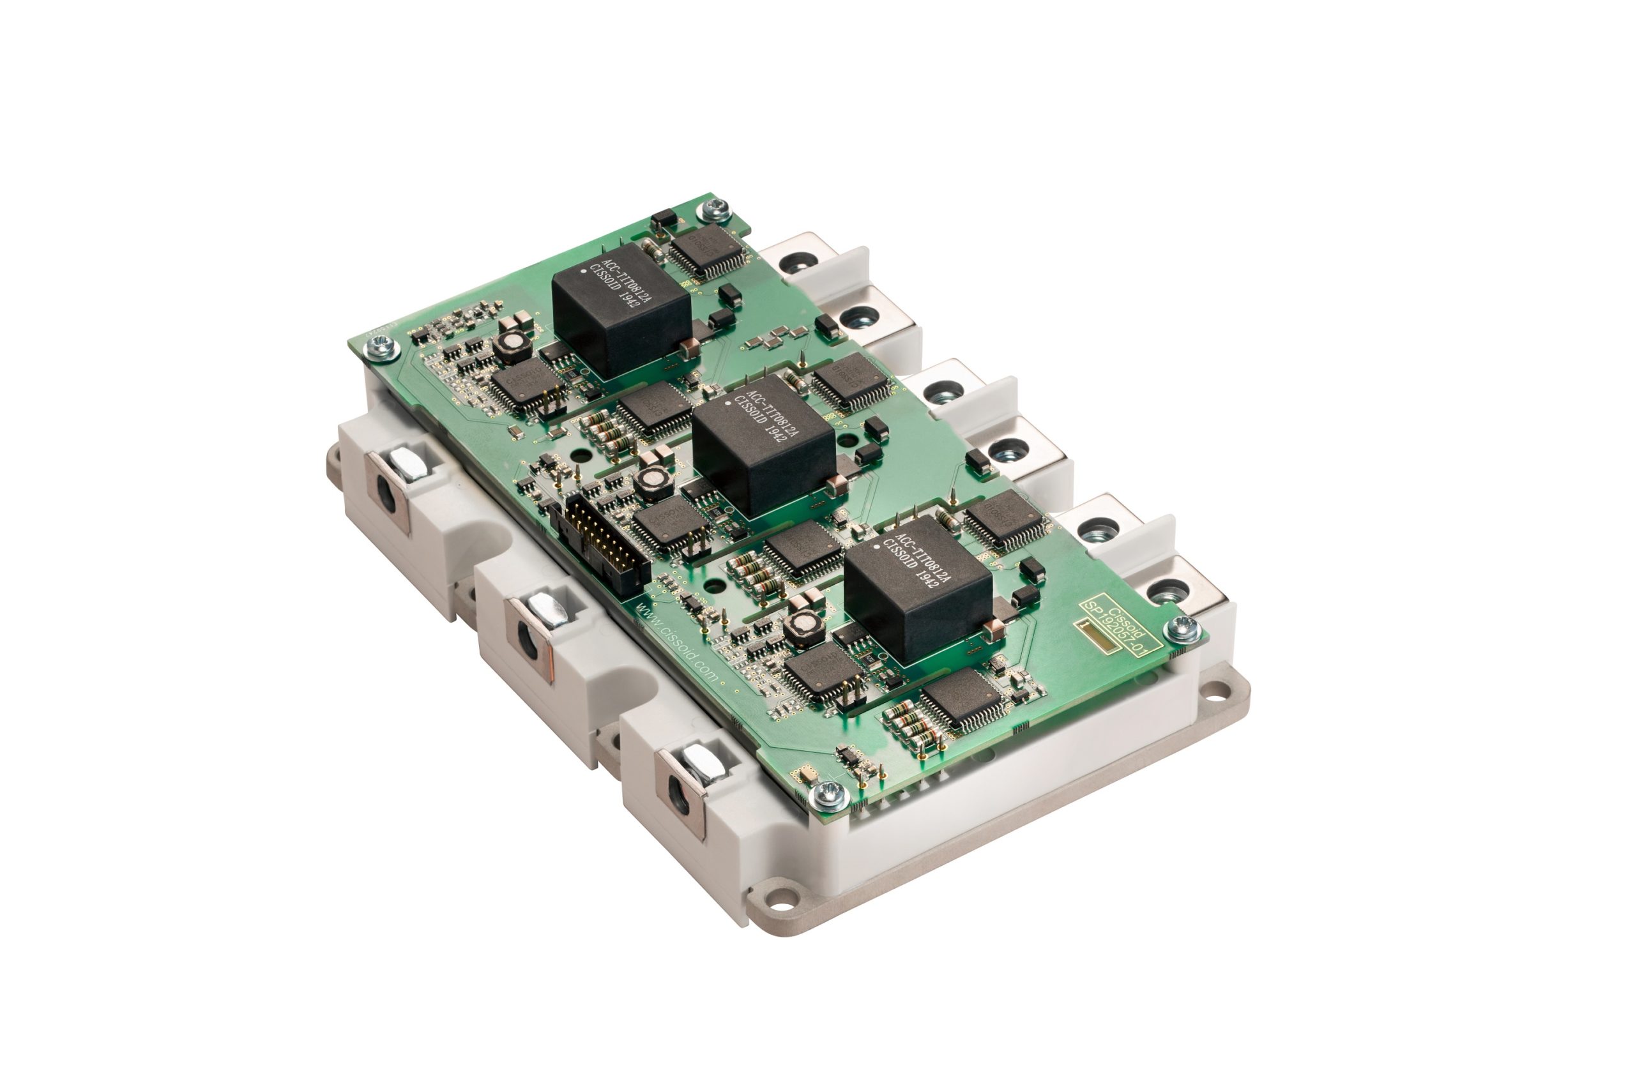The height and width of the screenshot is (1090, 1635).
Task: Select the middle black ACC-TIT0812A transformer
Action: tap(763, 445)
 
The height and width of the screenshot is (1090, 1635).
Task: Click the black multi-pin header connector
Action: tap(600, 546)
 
